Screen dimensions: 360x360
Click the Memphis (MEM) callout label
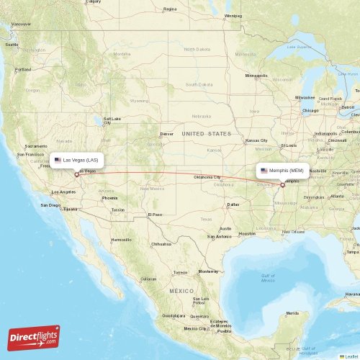click(x=284, y=171)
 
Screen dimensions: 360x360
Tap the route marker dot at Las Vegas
click(x=76, y=174)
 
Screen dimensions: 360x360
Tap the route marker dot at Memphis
click(x=283, y=185)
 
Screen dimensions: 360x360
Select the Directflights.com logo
click(x=35, y=336)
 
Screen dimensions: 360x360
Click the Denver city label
click(x=167, y=133)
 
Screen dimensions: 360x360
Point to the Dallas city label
click(x=233, y=204)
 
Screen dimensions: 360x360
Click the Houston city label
click(x=248, y=233)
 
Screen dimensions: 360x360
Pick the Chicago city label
click(x=310, y=110)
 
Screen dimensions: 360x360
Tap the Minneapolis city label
click(x=256, y=76)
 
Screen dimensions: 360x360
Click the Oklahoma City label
click(x=207, y=177)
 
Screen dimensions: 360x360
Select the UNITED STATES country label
click(x=207, y=134)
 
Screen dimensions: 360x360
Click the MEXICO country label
click(x=182, y=289)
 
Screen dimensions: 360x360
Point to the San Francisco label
click(x=30, y=155)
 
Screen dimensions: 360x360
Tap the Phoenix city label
click(x=109, y=197)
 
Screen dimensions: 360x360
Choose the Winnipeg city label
click(x=233, y=15)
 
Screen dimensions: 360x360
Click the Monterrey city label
click(x=208, y=271)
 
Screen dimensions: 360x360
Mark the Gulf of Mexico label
click(x=268, y=278)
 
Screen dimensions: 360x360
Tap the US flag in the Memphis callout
click(x=264, y=171)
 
